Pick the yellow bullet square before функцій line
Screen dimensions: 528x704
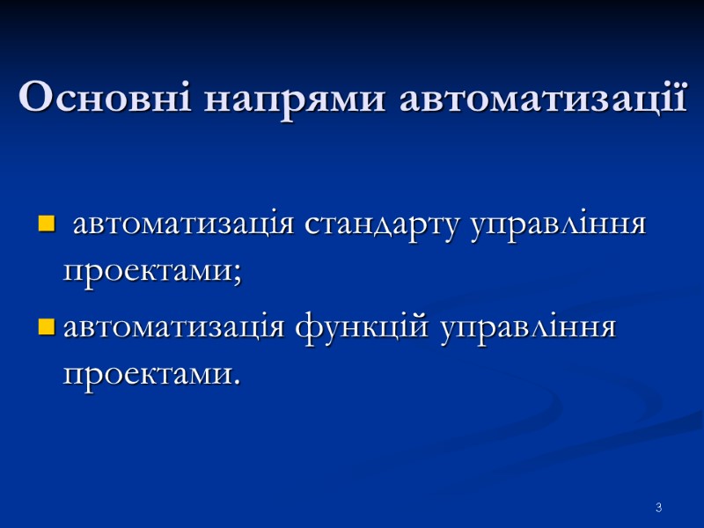pos(46,330)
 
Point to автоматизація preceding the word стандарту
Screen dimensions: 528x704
pos(182,225)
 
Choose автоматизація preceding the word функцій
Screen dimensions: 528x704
pos(173,328)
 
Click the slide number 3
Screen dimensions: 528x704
pos(658,508)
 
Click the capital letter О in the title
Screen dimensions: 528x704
pos(34,98)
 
